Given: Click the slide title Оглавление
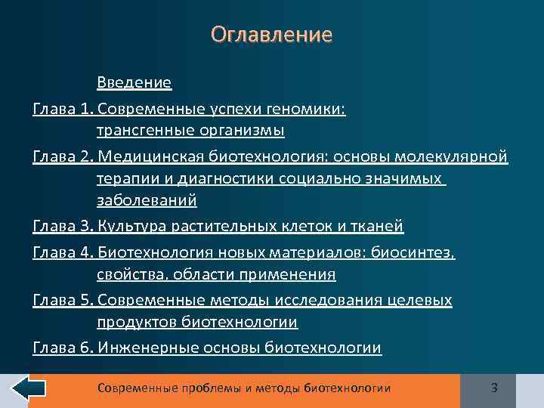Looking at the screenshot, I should point(271,35).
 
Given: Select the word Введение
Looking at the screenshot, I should point(134,82).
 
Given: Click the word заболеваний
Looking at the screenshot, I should point(147,200).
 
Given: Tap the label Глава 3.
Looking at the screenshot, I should point(63,226).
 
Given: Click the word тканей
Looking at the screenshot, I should point(378,226).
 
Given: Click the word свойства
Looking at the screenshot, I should point(128,274).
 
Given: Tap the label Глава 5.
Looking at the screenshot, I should point(63,301).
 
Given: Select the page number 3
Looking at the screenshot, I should point(494,388).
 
